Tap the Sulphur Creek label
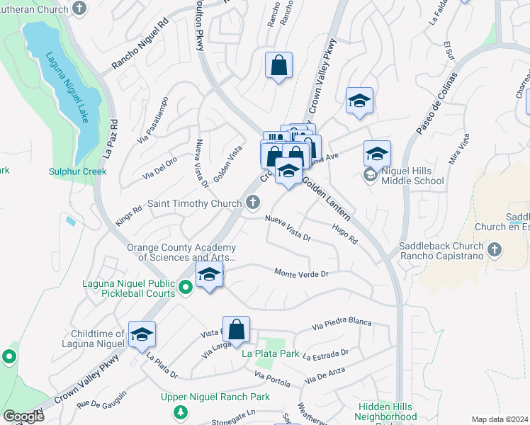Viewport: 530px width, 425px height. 77,171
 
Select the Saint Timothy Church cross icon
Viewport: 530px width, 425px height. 252,203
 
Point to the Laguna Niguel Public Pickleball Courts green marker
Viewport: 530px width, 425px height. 186,287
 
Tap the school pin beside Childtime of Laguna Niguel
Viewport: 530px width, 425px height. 142,334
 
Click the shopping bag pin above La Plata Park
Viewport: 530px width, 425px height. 237,329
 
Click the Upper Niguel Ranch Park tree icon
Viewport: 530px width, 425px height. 181,411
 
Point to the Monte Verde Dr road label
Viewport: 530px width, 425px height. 302,273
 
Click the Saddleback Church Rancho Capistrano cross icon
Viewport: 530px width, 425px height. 495,249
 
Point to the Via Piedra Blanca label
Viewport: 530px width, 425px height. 342,324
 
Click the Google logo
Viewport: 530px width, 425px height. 23,416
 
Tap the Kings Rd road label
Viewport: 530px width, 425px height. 128,213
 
